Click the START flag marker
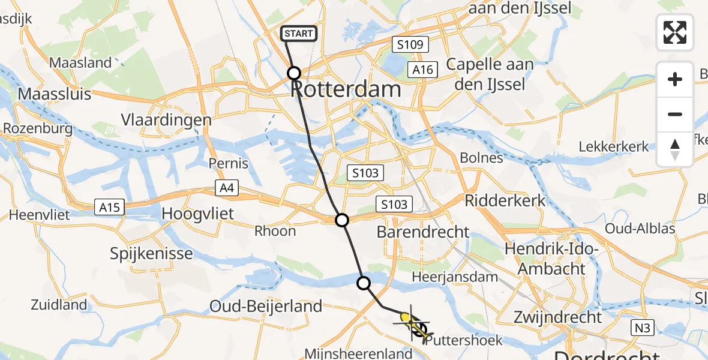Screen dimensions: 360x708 299,34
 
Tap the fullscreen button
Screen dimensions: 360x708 675,32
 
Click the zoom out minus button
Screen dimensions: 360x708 675,114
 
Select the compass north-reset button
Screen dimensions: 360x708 675,149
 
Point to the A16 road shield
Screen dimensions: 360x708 422,70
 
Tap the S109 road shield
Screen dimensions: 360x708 410,44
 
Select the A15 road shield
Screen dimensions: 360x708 110,208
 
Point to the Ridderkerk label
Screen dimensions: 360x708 505,200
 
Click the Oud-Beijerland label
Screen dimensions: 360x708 266,307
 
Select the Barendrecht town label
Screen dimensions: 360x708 424,232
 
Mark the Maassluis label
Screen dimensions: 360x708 55,94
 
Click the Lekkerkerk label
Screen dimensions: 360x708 614,146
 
